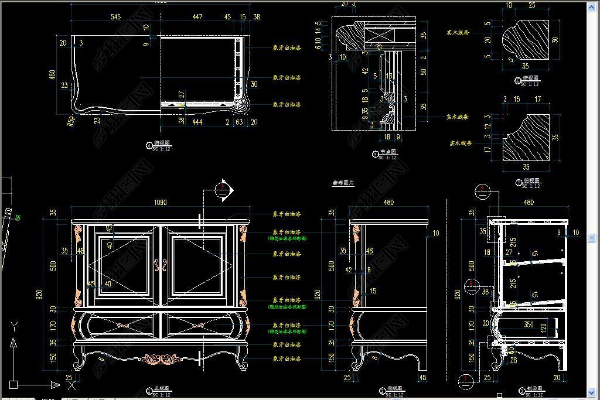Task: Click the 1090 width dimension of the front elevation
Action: coord(160,203)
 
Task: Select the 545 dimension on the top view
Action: coord(115,17)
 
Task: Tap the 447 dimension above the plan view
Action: coord(197,17)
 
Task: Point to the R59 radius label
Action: coord(71,121)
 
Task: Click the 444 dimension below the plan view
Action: coord(197,122)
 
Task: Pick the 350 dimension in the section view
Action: coord(529,324)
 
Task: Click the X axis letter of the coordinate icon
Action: coord(71,385)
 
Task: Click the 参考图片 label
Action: coord(344,183)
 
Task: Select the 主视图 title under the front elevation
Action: coord(161,388)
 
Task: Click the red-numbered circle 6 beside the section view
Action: coord(472,286)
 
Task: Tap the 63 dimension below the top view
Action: coord(239,122)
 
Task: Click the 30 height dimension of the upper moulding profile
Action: coord(555,40)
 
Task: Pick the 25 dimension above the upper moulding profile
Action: coord(531,5)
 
